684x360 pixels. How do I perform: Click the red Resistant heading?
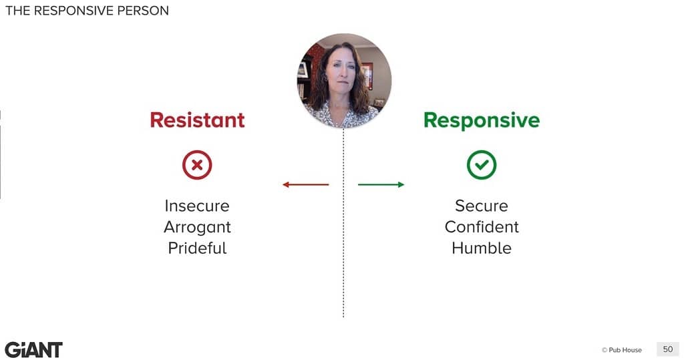(197, 120)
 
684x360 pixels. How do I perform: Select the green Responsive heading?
(482, 120)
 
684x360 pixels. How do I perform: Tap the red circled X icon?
(197, 165)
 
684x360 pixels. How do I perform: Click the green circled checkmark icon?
(482, 165)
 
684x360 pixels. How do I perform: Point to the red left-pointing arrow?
(306, 184)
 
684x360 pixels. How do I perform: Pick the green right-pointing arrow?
(381, 184)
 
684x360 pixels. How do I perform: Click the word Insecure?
(197, 206)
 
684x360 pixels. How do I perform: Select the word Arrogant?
(197, 227)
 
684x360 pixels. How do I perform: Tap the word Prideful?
(197, 248)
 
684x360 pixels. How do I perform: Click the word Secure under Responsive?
(482, 206)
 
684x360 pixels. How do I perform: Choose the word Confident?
(482, 227)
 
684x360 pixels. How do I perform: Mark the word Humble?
(482, 248)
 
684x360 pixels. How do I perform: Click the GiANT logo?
(33, 350)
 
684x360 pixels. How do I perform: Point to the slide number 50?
(668, 349)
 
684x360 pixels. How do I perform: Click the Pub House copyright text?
(622, 350)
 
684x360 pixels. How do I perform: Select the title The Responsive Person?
(87, 11)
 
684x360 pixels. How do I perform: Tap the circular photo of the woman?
(344, 81)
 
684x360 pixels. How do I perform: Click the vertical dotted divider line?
(343, 222)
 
